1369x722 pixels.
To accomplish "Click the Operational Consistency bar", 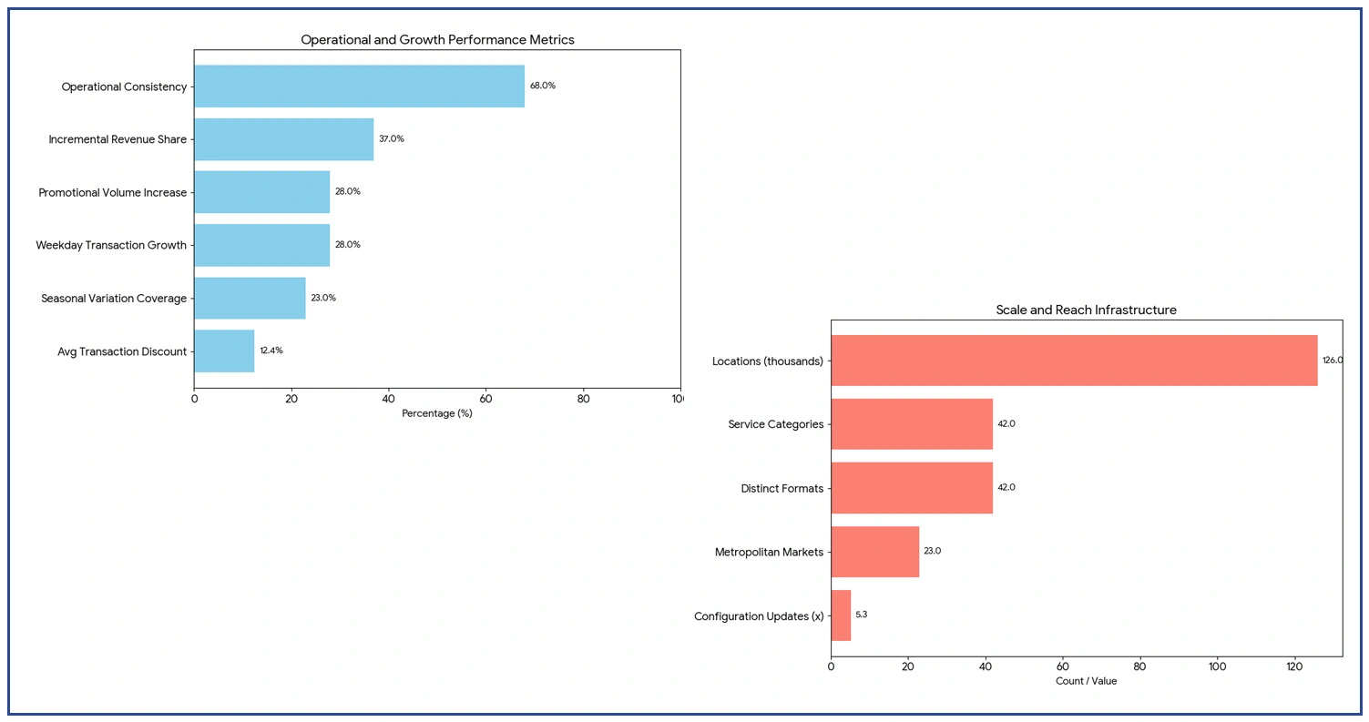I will point(359,86).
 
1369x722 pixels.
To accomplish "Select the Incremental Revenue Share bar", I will point(283,139).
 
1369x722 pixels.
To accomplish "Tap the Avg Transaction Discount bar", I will point(224,351).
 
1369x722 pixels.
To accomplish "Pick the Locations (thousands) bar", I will point(1074,361).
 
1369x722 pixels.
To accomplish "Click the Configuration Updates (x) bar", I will point(841,615).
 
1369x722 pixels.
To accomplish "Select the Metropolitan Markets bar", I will point(874,552).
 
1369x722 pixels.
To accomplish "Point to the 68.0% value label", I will point(543,86).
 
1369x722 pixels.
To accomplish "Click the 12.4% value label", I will point(271,351).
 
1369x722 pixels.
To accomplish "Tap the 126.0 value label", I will point(1333,361).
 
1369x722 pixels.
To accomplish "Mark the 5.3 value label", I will point(862,615).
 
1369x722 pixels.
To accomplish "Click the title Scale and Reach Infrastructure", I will point(1086,310).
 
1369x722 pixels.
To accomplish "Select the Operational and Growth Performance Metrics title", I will point(437,40).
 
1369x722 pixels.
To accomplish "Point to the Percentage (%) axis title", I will point(437,413).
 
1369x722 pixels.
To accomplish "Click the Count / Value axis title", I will point(1086,681).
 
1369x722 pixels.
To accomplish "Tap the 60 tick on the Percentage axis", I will point(485,398).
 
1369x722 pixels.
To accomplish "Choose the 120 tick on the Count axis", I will point(1294,667).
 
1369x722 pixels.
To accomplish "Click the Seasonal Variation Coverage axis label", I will point(114,299).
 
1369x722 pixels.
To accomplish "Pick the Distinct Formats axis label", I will point(782,489).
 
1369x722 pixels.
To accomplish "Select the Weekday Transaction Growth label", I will point(111,246).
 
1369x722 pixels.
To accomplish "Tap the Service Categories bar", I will point(912,424).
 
